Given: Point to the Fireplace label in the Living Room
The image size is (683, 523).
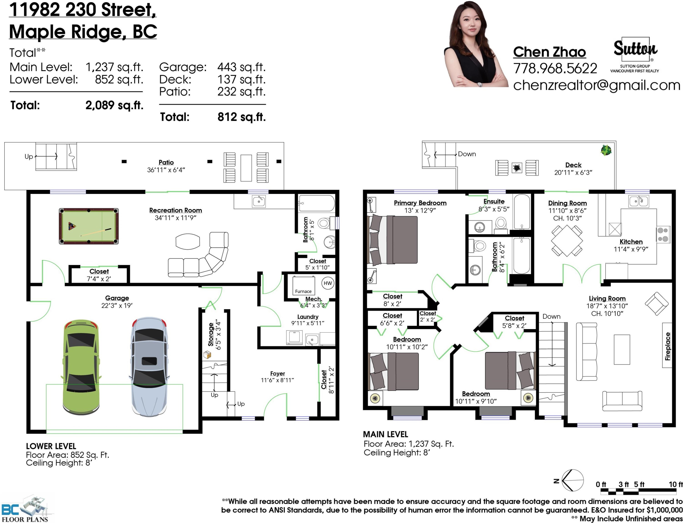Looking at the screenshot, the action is coord(667,346).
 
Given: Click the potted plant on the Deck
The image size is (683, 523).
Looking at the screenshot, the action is coord(606,150).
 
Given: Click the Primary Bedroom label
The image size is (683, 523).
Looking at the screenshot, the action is coord(420,203).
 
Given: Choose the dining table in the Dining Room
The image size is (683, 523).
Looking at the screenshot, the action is coord(567,241).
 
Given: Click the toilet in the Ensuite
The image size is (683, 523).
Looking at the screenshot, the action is coord(501,224).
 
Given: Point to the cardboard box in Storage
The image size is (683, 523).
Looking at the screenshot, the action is coord(207,355).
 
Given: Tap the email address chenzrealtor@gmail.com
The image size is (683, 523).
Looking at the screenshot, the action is coord(596,85).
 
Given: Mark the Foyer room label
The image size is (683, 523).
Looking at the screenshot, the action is coord(278,373).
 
